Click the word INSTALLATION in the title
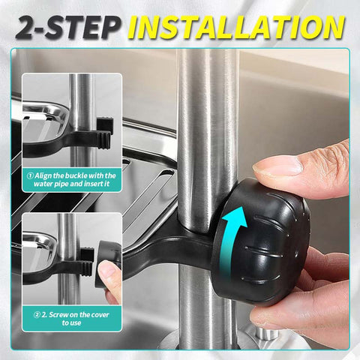click(x=238, y=27)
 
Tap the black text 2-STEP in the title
click(x=67, y=28)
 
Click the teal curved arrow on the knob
click(x=234, y=238)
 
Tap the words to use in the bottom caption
click(x=71, y=322)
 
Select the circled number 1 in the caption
click(x=30, y=175)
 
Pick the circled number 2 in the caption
click(x=37, y=315)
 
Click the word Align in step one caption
click(x=43, y=175)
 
